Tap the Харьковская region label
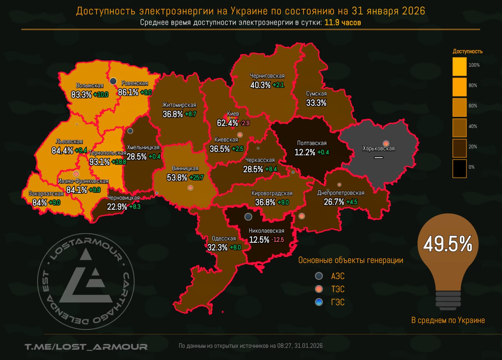click(378, 149)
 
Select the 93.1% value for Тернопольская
click(100, 161)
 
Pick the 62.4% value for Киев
click(227, 123)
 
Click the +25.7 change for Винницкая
click(196, 177)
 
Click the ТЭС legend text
click(338, 289)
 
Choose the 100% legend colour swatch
click(459, 67)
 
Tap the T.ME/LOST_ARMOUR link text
click(86, 347)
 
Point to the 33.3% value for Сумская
click(316, 103)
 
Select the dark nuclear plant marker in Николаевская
click(248, 216)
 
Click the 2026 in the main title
click(413, 11)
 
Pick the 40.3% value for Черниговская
click(260, 85)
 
